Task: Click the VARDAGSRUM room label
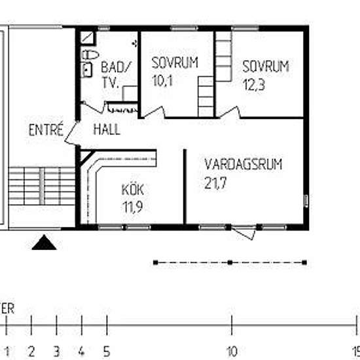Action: [x=243, y=164]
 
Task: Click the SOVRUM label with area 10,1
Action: [x=174, y=63]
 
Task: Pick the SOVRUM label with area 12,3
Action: [x=265, y=67]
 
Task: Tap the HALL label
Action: [x=106, y=129]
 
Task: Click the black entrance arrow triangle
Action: [x=45, y=244]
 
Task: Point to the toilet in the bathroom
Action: [x=89, y=54]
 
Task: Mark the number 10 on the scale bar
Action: [x=231, y=349]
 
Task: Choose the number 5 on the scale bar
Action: [x=106, y=349]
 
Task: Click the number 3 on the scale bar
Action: [x=56, y=349]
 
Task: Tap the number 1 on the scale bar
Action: [x=7, y=349]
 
